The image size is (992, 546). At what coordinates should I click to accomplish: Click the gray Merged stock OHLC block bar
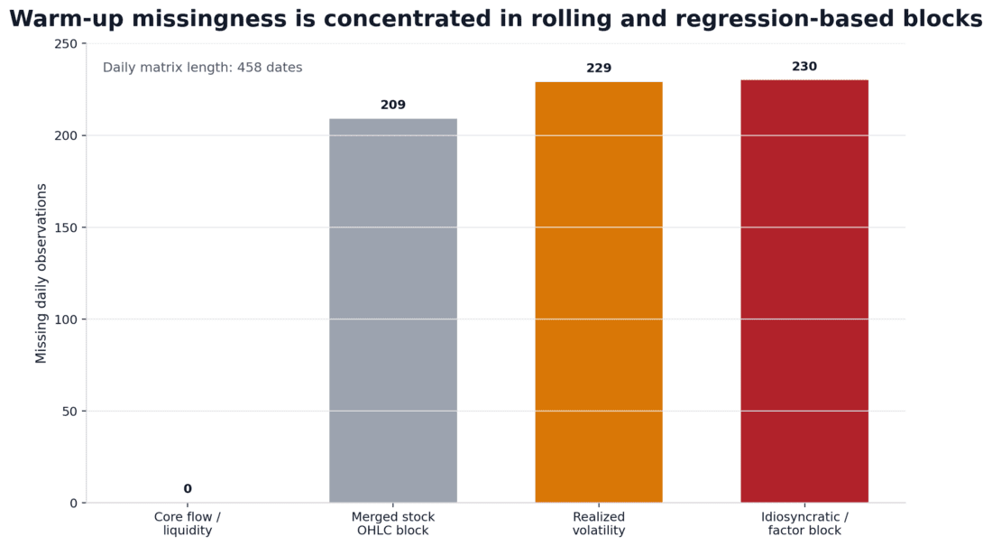pos(393,310)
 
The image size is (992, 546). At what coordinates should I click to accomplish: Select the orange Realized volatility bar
pos(599,292)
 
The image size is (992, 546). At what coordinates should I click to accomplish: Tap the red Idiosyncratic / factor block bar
pos(804,292)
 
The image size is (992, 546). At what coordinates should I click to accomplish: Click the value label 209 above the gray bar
pos(393,106)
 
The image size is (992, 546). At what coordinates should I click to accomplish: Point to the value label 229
pos(599,69)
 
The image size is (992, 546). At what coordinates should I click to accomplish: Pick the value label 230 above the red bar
pos(804,67)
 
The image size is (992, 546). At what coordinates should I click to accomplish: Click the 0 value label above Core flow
pos(188,489)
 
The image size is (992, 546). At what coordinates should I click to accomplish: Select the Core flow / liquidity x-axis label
pos(188,524)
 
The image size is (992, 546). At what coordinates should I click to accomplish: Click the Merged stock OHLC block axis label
pos(393,524)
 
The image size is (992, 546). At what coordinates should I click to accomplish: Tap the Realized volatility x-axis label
pos(599,524)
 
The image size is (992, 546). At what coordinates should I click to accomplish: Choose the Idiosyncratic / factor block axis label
pos(804,524)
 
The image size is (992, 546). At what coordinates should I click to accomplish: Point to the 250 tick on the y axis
pos(67,44)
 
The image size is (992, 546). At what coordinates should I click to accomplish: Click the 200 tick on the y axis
pos(67,135)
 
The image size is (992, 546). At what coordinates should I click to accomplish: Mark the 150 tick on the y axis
pos(67,227)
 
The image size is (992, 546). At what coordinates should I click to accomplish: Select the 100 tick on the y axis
pos(67,319)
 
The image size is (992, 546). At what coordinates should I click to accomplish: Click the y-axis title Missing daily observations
pos(41,273)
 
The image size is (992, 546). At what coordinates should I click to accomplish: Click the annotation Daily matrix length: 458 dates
pos(203,68)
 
